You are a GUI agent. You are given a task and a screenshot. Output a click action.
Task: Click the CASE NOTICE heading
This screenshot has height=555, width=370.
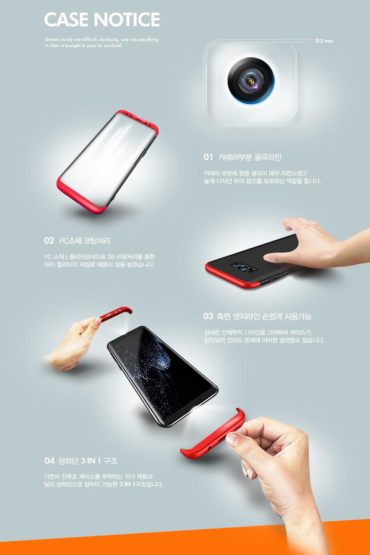tap(102, 20)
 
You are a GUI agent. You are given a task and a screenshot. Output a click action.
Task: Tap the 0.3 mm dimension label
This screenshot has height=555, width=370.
tap(324, 41)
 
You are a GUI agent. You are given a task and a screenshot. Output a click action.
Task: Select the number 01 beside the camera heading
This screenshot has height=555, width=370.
tap(208, 157)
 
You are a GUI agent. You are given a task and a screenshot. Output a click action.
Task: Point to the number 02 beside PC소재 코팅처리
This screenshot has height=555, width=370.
tap(49, 240)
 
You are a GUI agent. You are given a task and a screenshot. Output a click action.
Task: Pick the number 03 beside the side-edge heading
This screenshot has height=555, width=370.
tap(208, 317)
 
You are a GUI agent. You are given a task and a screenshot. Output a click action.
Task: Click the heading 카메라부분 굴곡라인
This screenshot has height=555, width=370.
tap(250, 157)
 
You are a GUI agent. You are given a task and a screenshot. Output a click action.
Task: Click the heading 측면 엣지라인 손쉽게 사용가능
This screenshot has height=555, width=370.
tap(264, 317)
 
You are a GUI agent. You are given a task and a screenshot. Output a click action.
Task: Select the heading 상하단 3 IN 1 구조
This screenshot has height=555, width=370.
tap(88, 461)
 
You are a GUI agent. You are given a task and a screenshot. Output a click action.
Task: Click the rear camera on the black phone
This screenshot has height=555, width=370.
tap(244, 267)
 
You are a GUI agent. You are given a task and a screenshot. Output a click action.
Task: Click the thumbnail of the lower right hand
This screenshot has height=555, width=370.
tap(234, 439)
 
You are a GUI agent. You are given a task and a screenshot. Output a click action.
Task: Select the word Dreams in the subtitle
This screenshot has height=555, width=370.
tap(52, 40)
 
